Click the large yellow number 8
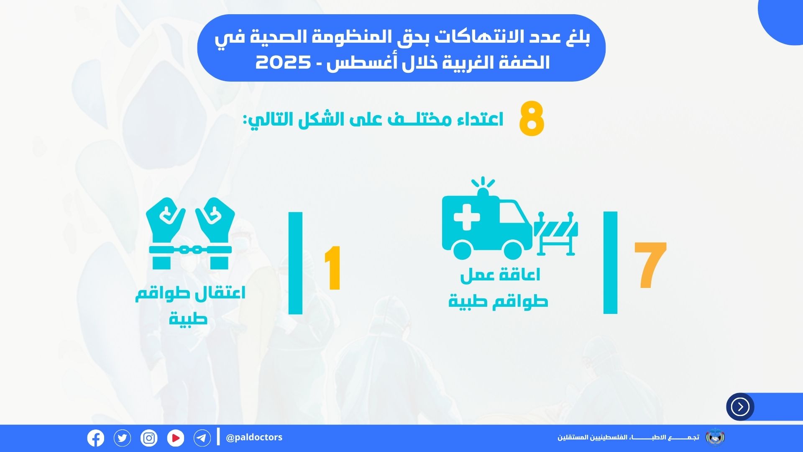point(532,120)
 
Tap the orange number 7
point(650,265)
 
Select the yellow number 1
point(333,268)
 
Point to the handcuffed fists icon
point(191,233)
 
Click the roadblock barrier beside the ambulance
point(556,234)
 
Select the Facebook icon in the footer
point(96,438)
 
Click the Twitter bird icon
point(122,438)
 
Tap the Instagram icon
point(149,438)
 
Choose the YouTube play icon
point(176,438)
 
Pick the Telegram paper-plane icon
point(202,438)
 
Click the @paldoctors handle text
point(254,437)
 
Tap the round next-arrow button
point(740,406)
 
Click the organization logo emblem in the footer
point(715,437)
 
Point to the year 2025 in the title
point(283,63)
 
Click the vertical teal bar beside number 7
point(610,262)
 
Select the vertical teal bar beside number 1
point(295,263)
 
